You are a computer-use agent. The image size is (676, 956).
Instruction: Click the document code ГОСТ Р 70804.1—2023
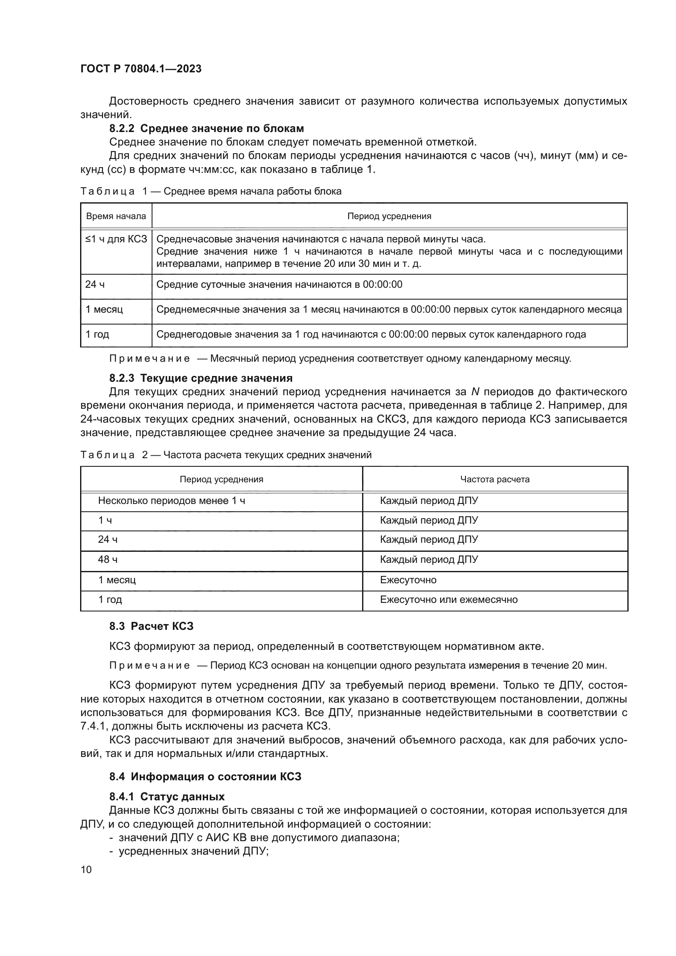(141, 69)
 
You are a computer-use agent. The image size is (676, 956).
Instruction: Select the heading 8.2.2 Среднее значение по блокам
(206, 128)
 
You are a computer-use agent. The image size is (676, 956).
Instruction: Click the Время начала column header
(116, 216)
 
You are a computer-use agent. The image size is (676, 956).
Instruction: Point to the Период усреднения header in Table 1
(389, 216)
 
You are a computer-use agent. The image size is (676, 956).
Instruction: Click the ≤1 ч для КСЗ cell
(116, 239)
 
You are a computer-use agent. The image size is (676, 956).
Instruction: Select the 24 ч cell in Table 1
(95, 284)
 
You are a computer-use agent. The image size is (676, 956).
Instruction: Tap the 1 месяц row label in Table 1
(104, 309)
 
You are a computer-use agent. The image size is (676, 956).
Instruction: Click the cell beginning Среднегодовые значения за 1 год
(371, 334)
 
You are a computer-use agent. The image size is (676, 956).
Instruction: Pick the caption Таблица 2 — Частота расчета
(226, 454)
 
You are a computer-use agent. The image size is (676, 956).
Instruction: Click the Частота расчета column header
(495, 479)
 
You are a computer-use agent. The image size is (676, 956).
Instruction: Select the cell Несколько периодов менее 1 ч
(172, 501)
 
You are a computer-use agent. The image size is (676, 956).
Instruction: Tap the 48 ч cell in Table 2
(107, 560)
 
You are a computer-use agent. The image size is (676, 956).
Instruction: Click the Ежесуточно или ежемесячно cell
(449, 600)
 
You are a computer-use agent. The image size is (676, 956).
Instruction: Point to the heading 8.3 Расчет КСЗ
(152, 626)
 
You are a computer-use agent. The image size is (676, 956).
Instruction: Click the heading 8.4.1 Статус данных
(167, 797)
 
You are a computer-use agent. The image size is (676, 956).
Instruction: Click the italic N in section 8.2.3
(475, 392)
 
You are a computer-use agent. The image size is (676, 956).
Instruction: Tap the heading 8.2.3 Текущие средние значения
(201, 378)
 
